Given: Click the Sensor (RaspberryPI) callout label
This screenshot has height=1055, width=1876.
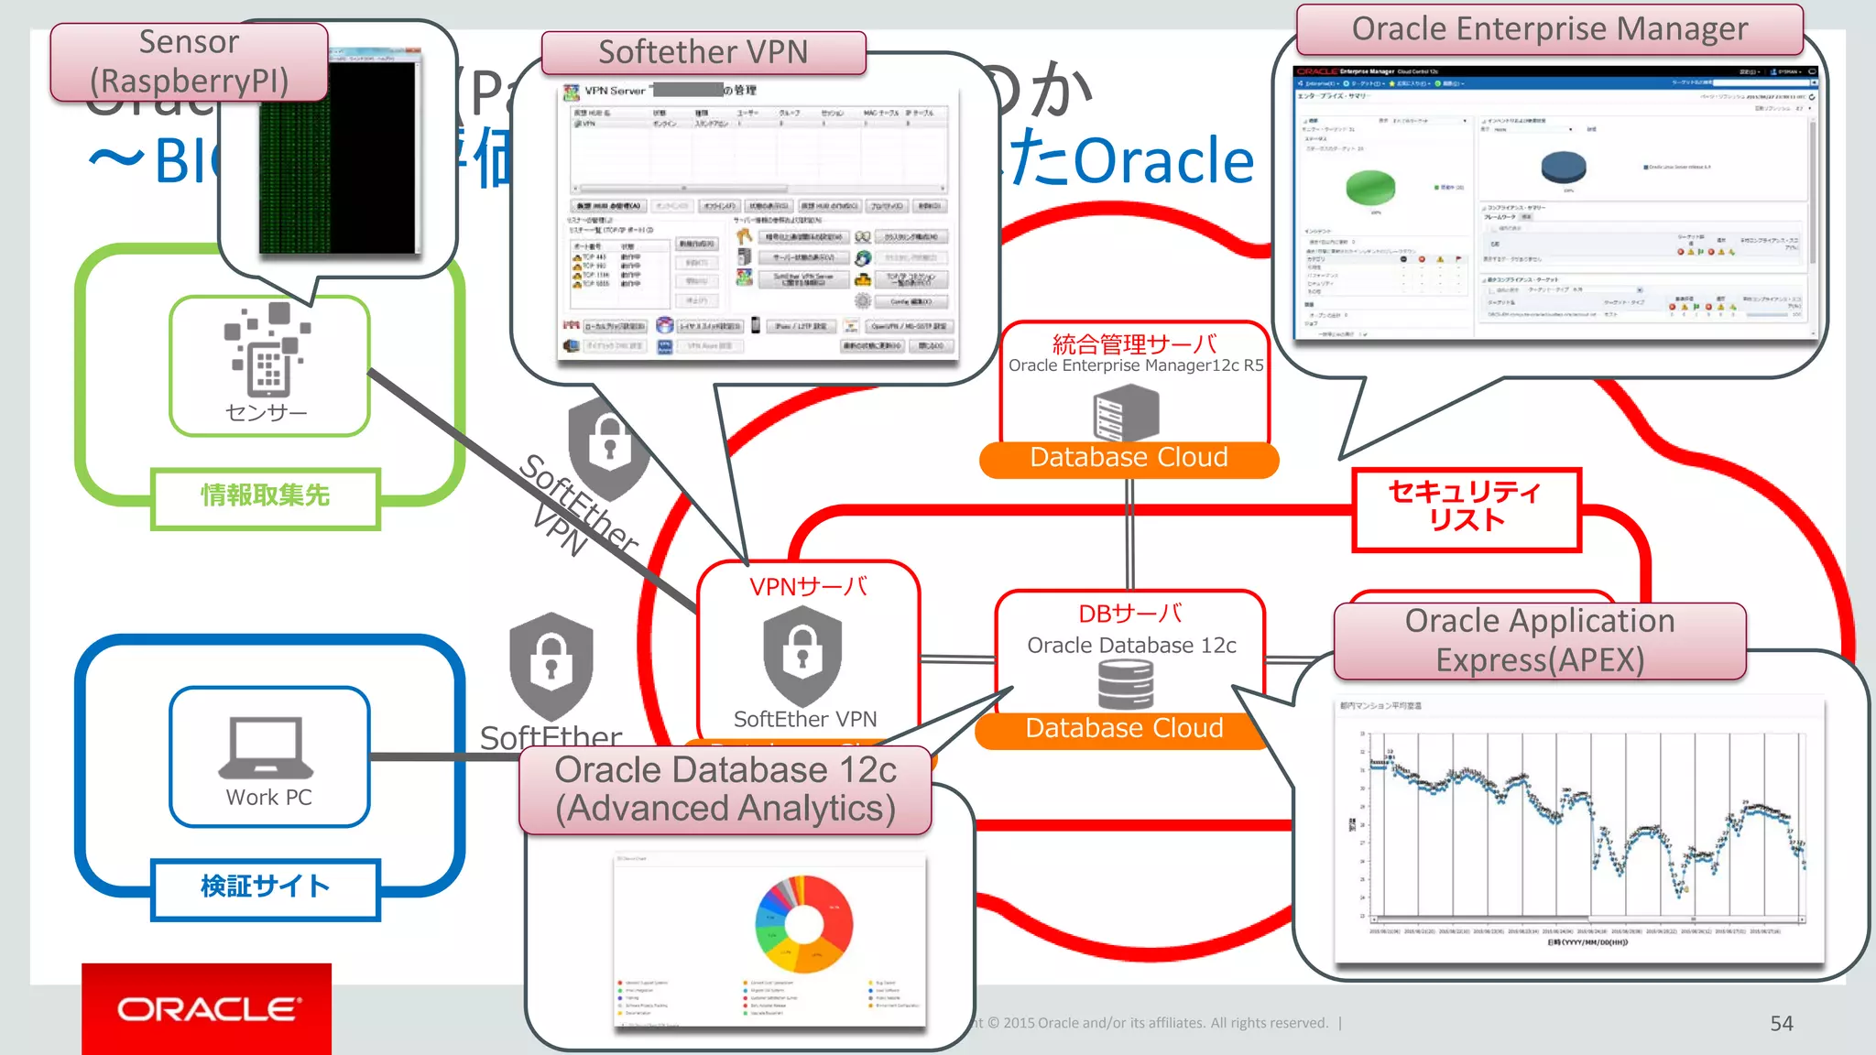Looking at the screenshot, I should [x=189, y=61].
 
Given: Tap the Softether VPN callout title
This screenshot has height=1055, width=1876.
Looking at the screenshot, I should [x=703, y=52].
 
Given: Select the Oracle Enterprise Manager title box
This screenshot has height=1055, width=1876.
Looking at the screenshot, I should [x=1549, y=29].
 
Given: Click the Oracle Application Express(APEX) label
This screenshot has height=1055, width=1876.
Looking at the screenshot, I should [x=1540, y=640].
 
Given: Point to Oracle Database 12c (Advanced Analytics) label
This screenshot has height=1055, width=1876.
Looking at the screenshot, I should [x=725, y=789].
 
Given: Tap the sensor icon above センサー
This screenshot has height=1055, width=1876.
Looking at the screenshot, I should [x=267, y=352].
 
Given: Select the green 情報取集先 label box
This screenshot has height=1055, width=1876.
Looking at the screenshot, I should [x=265, y=496].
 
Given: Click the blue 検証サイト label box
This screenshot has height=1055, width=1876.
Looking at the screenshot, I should [x=265, y=886].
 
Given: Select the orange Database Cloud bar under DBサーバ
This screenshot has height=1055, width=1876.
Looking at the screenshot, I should [x=1124, y=729].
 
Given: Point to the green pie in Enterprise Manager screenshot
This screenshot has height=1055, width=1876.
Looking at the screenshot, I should [x=1369, y=187].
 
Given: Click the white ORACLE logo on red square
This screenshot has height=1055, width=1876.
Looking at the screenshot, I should [x=207, y=1008].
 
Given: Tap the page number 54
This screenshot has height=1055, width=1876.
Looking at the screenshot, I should [x=1781, y=1023].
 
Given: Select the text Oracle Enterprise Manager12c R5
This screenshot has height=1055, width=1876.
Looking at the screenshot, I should [x=1136, y=365].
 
